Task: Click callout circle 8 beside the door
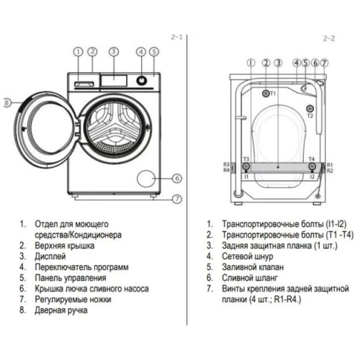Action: [7, 103]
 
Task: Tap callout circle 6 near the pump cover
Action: [177, 179]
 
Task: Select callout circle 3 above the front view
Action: [114, 52]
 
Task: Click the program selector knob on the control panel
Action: [142, 80]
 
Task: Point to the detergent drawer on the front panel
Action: [84, 84]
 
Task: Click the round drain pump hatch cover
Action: [146, 179]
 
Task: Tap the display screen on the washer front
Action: [114, 81]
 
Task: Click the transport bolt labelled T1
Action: [266, 94]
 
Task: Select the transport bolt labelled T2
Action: [310, 109]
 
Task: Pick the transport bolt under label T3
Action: [246, 166]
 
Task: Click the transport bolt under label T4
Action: [312, 166]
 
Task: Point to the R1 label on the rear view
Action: [330, 165]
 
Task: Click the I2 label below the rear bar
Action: [312, 177]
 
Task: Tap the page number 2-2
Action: [329, 38]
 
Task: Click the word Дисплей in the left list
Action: [50, 256]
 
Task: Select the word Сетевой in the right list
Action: [237, 256]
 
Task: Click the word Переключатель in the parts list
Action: [63, 267]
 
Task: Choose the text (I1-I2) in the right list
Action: [336, 224]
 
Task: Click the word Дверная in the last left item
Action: [50, 310]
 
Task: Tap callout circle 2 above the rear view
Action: [266, 63]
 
